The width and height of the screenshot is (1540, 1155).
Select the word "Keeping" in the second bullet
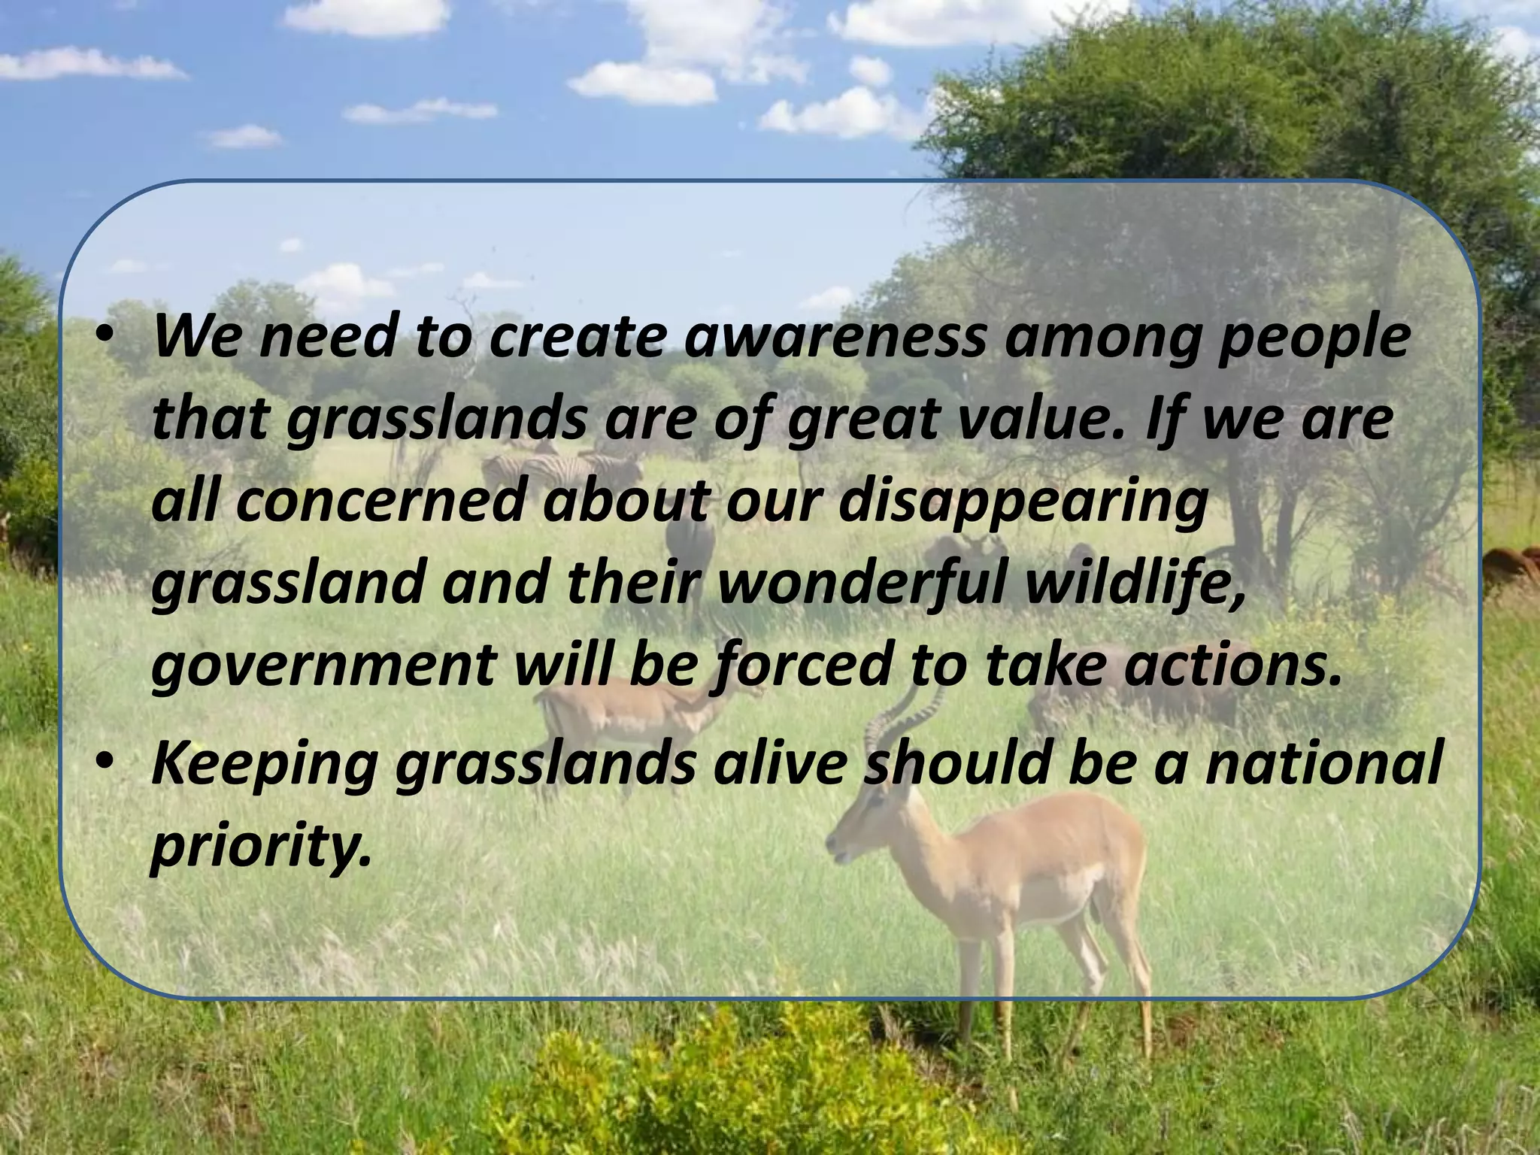coord(263,768)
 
